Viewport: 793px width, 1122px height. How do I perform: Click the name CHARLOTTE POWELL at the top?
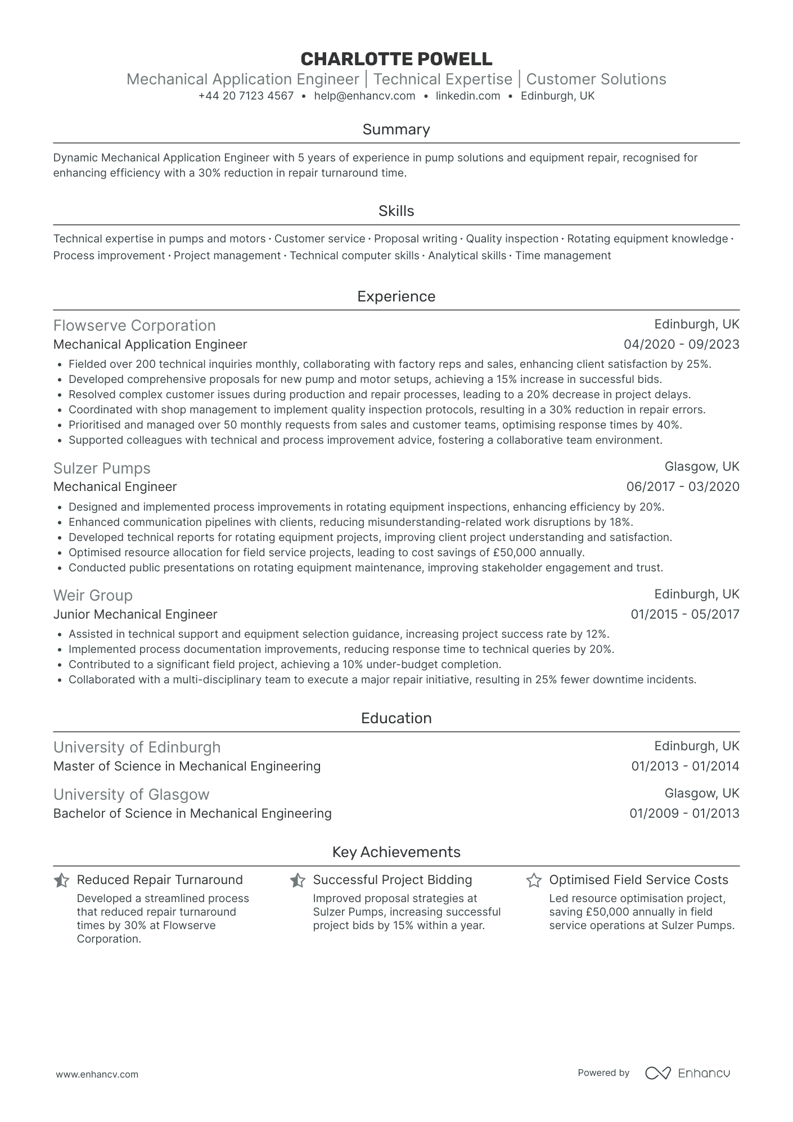[x=396, y=58]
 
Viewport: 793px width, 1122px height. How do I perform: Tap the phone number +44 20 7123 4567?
[x=246, y=96]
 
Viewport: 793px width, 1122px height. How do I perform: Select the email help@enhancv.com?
[x=364, y=96]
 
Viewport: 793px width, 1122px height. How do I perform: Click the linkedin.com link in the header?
[x=468, y=96]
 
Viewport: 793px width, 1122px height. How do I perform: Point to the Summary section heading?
[x=396, y=129]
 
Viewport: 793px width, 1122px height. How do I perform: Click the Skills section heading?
[x=396, y=211]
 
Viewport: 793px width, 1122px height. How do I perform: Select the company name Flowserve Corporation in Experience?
[x=134, y=326]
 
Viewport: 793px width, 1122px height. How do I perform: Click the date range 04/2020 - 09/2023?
[x=681, y=344]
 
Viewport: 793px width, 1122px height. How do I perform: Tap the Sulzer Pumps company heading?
[x=102, y=468]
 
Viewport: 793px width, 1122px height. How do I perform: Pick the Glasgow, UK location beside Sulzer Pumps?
[x=702, y=466]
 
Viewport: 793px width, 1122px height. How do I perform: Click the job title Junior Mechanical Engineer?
[x=135, y=614]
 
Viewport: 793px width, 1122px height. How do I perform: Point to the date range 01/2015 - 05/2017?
[x=684, y=614]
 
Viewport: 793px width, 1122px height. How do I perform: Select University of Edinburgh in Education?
[x=137, y=747]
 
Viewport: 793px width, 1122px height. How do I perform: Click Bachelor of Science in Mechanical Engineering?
[x=192, y=813]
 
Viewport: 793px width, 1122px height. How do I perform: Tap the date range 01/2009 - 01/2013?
[x=684, y=813]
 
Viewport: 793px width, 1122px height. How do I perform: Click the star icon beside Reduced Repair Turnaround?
[x=61, y=880]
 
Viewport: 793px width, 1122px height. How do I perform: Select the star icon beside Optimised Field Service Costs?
[x=533, y=880]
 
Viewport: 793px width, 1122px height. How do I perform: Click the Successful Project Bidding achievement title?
[x=392, y=880]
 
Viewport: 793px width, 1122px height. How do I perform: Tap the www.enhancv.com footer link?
[x=97, y=1074]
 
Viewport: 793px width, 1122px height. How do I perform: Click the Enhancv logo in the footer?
[x=687, y=1073]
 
